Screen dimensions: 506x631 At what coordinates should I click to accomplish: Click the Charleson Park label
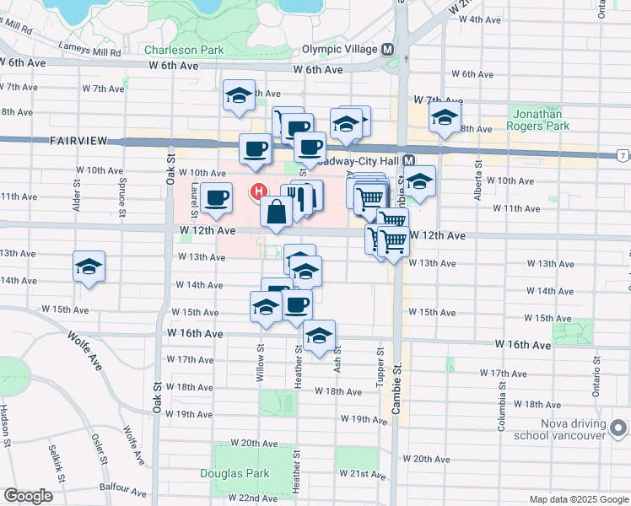(x=184, y=50)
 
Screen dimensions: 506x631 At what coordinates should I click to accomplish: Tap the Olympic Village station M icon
(x=387, y=49)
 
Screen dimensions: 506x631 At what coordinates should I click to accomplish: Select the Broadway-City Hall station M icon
(x=408, y=160)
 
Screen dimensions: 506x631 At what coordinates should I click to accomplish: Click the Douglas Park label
(x=234, y=473)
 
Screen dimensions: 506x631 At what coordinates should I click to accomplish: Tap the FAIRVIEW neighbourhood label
(x=77, y=141)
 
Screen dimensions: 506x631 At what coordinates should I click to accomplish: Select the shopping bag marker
(x=277, y=212)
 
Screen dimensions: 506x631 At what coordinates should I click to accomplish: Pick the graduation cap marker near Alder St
(x=89, y=266)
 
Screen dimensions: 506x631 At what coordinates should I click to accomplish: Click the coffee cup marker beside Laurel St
(x=217, y=197)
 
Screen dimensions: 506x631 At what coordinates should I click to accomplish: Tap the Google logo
(x=28, y=496)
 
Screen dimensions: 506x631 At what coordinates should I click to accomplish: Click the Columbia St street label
(x=502, y=406)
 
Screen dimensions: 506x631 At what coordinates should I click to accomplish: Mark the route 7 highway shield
(x=623, y=156)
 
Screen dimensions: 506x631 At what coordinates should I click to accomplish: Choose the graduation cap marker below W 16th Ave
(x=319, y=336)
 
